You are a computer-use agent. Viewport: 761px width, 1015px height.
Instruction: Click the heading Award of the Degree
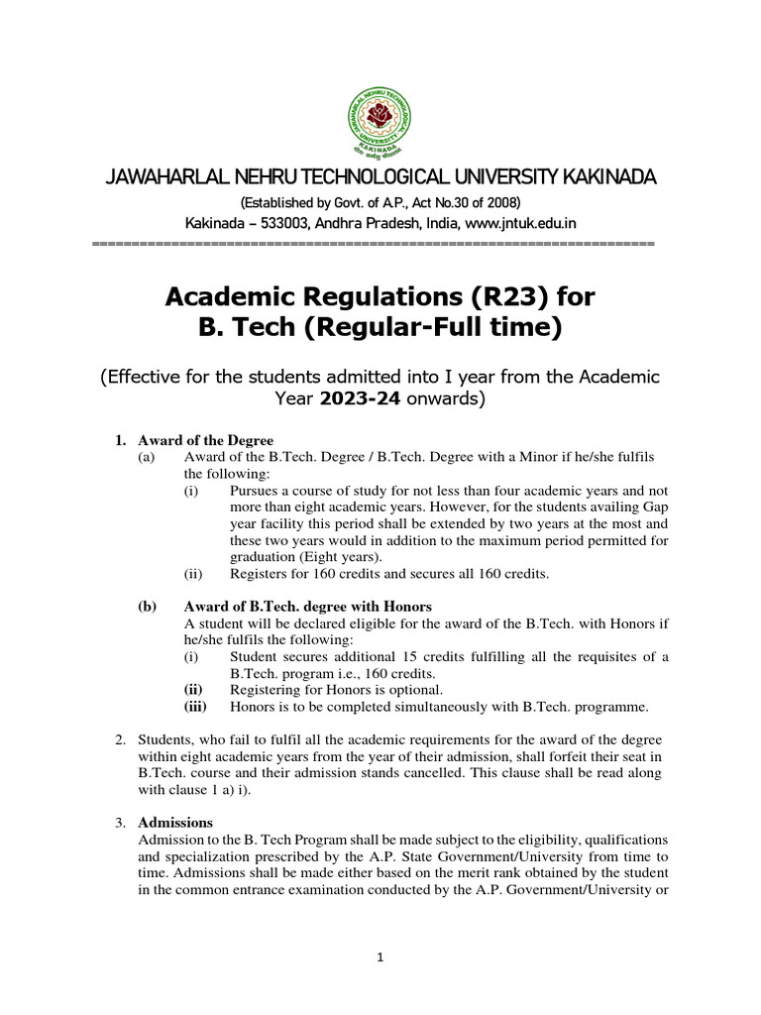[x=205, y=440]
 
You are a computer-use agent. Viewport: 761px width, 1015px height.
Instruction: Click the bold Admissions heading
[x=175, y=822]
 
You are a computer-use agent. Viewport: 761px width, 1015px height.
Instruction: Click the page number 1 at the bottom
[x=380, y=958]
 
